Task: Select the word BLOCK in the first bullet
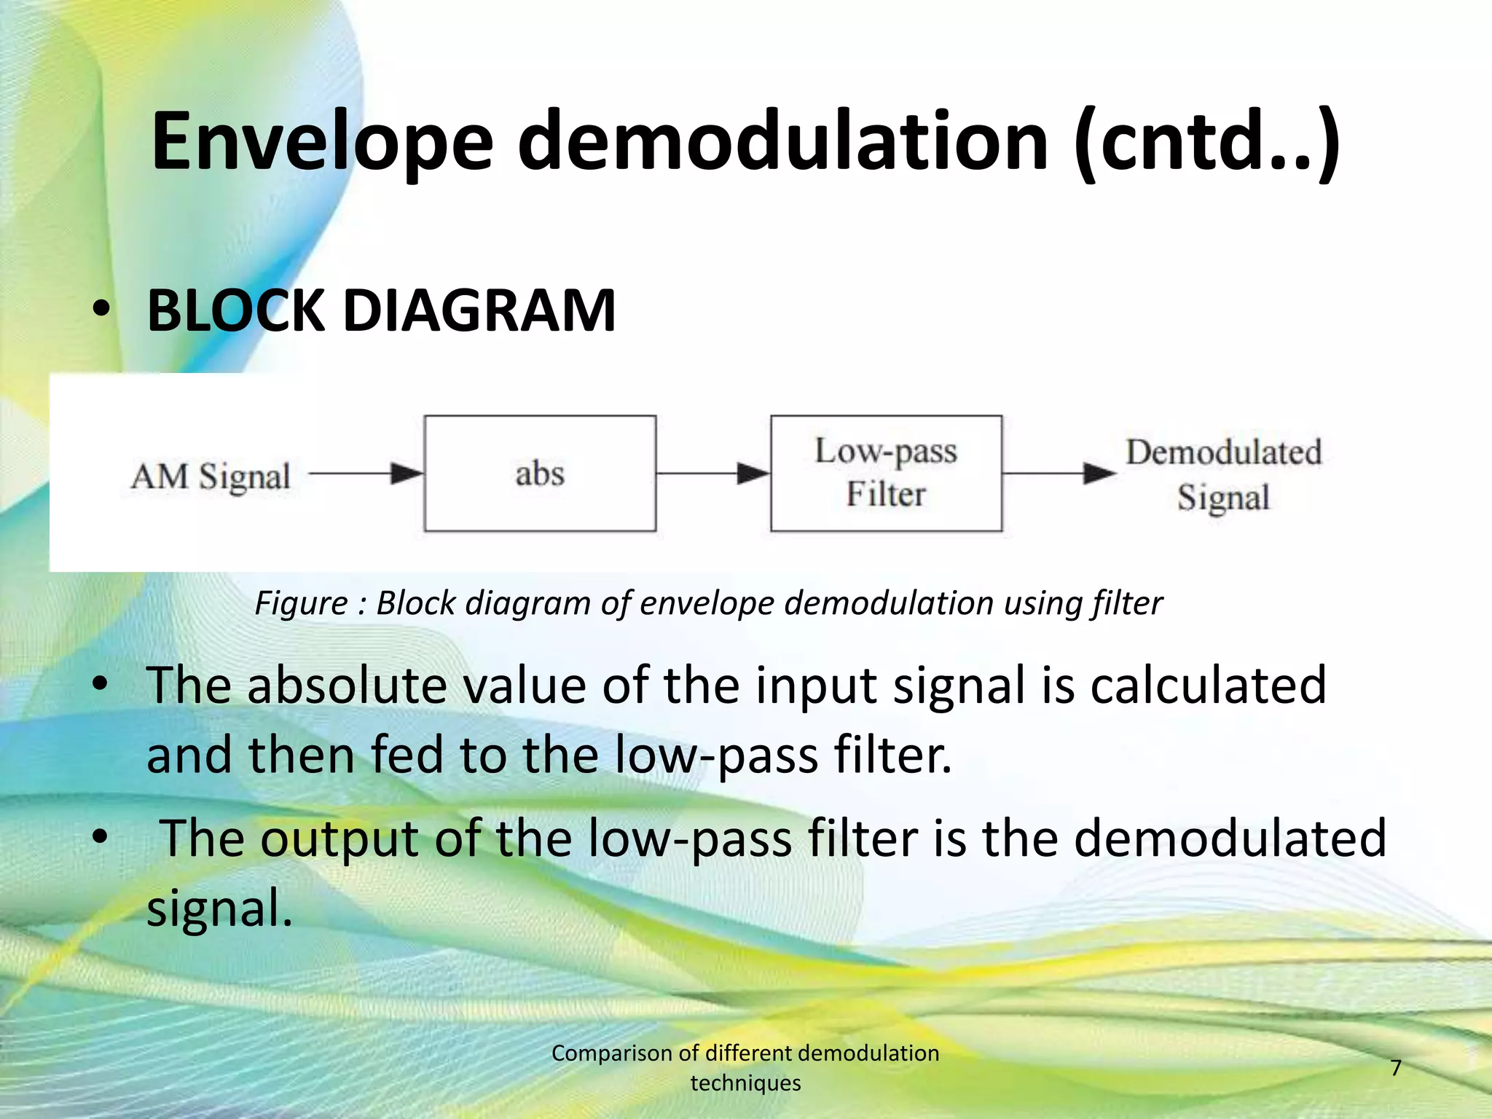235,311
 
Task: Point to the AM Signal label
211,476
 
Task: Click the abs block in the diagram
540,474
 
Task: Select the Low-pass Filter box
886,474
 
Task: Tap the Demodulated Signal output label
1223,475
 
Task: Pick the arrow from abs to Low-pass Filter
712,474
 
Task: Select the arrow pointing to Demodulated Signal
1059,474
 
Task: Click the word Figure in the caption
301,603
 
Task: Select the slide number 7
1396,1068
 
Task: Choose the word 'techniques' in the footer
745,1083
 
